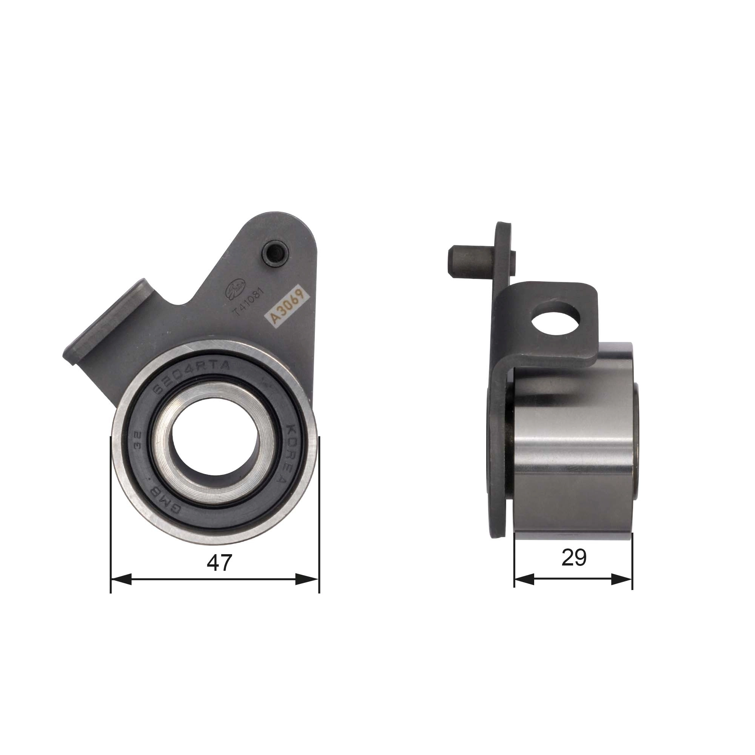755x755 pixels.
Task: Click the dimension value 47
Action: pyautogui.click(x=219, y=563)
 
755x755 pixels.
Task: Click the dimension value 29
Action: pyautogui.click(x=574, y=558)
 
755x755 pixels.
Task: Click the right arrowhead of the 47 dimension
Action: pyautogui.click(x=308, y=579)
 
